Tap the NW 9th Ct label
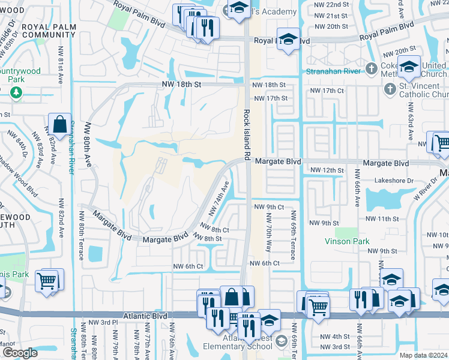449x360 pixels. pyautogui.click(x=269, y=207)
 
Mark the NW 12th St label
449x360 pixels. pyautogui.click(x=327, y=170)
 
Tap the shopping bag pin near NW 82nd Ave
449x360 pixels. pyautogui.click(x=60, y=125)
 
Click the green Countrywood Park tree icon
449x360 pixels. pyautogui.click(x=15, y=92)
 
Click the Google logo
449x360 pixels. pyautogui.click(x=20, y=353)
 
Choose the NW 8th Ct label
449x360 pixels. pyautogui.click(x=215, y=229)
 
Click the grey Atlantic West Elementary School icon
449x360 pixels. pyautogui.click(x=281, y=343)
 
